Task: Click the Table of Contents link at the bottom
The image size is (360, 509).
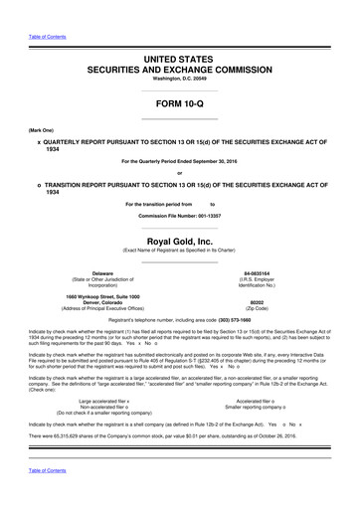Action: click(35, 497)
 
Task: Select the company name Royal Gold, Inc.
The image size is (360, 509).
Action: click(179, 240)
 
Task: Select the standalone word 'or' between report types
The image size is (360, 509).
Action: click(180, 175)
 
